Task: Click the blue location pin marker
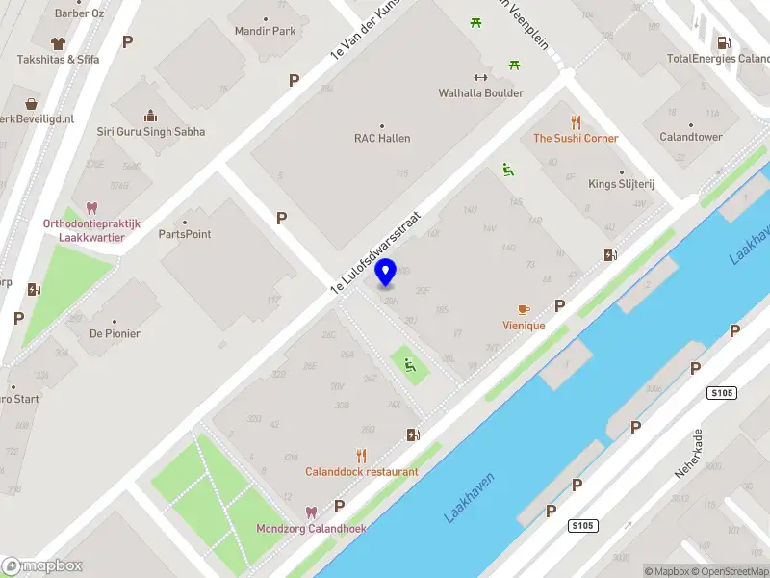coord(386,273)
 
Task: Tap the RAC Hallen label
coord(382,138)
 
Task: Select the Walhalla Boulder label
coord(480,93)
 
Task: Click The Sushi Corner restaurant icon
coord(576,121)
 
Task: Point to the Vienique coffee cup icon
coord(524,309)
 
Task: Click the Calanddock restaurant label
coord(362,472)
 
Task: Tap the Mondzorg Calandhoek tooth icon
coord(311,512)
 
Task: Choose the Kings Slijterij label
coord(621,184)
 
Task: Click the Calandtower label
coord(690,137)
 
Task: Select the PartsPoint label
coord(185,234)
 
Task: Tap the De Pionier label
coord(115,333)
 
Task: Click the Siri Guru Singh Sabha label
coord(151,132)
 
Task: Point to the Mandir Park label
coord(266,31)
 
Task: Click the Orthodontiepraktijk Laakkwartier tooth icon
coord(92,207)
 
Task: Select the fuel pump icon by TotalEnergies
coord(722,41)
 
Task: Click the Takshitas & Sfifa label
coord(59,59)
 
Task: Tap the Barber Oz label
coord(79,13)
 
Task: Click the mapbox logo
coord(42,565)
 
